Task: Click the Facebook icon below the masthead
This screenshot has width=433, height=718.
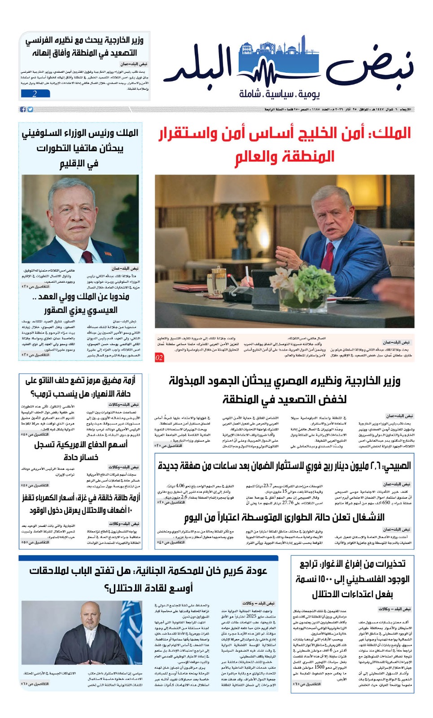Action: pos(23,109)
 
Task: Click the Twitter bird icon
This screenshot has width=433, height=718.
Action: pos(30,109)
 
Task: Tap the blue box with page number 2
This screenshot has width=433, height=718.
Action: pos(35,94)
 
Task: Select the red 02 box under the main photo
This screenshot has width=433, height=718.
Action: pos(159,358)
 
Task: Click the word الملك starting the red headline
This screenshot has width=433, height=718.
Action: pos(395,133)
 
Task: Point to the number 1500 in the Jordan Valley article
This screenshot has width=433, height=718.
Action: pos(319,667)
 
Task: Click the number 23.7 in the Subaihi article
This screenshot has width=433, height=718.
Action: pos(268,486)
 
